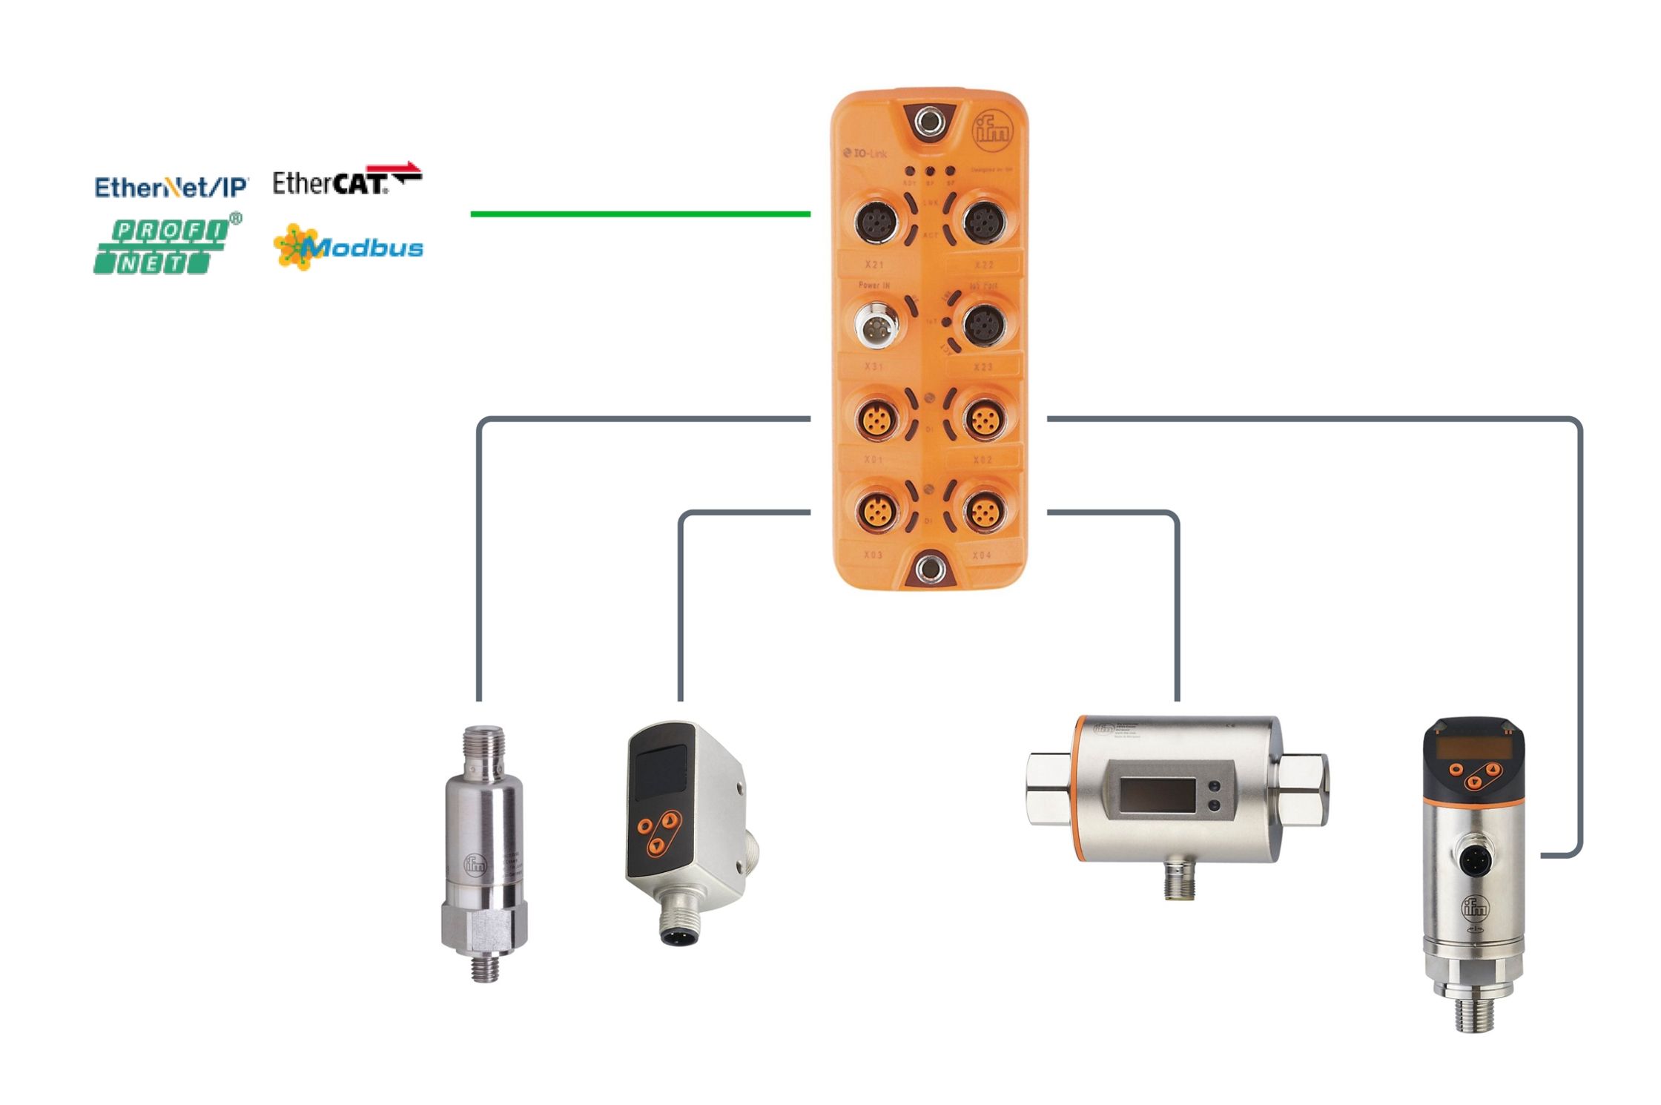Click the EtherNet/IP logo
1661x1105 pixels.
(x=171, y=187)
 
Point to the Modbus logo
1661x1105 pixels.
(x=349, y=247)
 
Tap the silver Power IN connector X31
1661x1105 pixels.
(x=876, y=324)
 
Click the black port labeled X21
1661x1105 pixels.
(x=877, y=221)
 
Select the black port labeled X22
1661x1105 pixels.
(x=983, y=221)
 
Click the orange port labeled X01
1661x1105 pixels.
(x=876, y=418)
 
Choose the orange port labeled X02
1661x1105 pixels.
(x=984, y=418)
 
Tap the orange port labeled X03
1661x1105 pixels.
(x=876, y=510)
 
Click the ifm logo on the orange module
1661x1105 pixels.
(x=991, y=132)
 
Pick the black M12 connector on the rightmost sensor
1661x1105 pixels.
(x=1473, y=860)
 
